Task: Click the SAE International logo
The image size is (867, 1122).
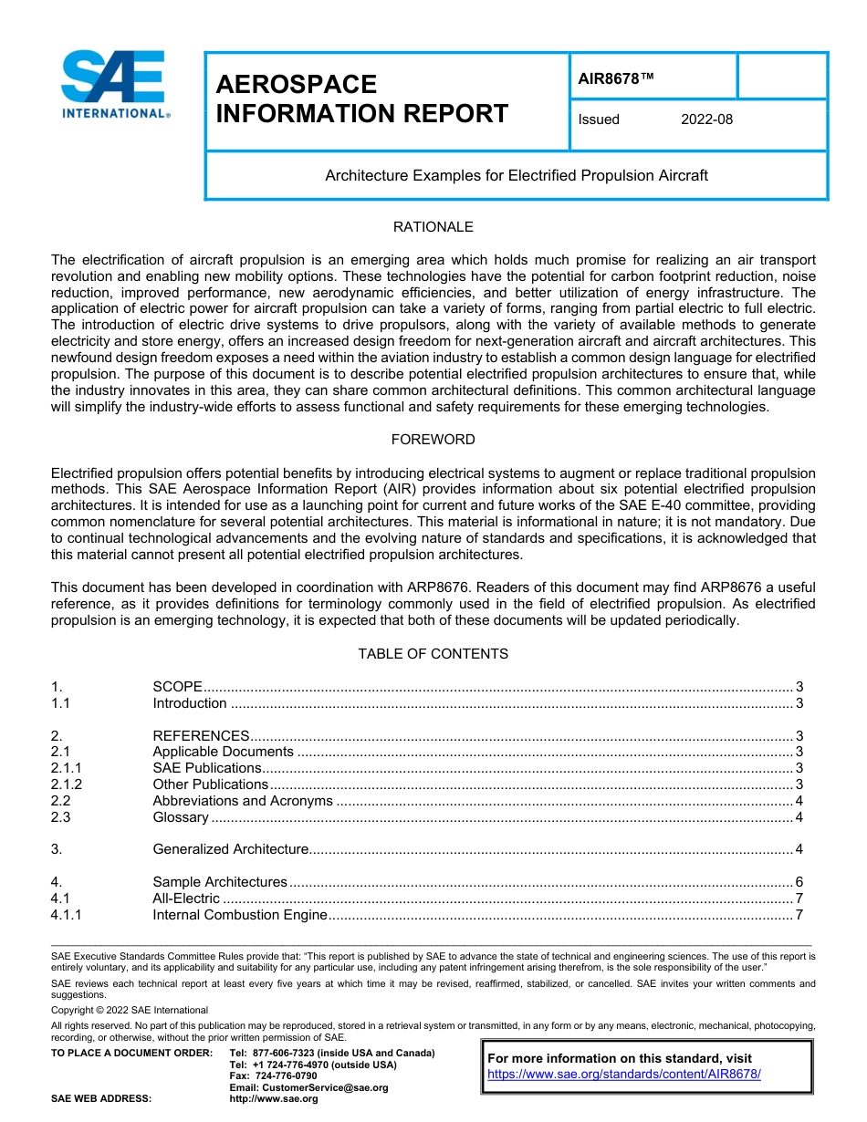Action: click(x=114, y=84)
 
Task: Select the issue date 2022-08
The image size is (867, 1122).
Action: click(x=706, y=119)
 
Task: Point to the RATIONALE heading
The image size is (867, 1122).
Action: click(x=433, y=227)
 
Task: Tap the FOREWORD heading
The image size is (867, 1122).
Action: click(x=433, y=440)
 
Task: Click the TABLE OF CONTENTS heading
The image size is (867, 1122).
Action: click(x=433, y=654)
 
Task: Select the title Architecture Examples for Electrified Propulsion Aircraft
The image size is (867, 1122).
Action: click(x=517, y=175)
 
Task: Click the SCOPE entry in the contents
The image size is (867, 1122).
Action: click(x=177, y=687)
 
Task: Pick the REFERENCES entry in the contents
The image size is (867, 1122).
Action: click(x=201, y=736)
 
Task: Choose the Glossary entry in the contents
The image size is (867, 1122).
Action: click(x=181, y=817)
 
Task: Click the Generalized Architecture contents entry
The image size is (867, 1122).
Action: click(x=231, y=849)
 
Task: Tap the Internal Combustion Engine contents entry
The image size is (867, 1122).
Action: click(x=240, y=915)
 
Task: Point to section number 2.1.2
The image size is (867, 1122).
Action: click(x=67, y=784)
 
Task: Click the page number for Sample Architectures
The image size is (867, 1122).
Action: click(x=799, y=882)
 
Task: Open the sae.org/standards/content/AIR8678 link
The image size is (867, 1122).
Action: click(x=624, y=1075)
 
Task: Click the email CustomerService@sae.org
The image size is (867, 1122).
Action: click(x=308, y=1087)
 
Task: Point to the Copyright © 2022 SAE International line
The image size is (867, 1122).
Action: click(x=130, y=1010)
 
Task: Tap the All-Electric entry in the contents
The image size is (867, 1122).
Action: click(x=186, y=899)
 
